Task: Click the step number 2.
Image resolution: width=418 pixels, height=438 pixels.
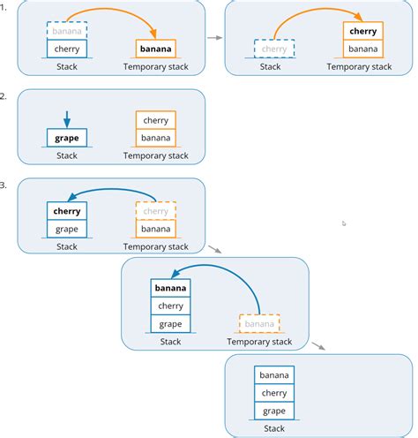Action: click(x=4, y=96)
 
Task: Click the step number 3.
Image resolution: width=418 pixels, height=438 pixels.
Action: click(x=4, y=185)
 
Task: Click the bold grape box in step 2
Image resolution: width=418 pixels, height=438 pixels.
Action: click(x=67, y=138)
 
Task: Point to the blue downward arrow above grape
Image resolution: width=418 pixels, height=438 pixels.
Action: click(x=67, y=118)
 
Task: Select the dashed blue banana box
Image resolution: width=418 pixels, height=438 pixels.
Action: click(x=67, y=30)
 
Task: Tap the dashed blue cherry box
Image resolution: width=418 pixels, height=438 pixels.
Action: click(x=274, y=49)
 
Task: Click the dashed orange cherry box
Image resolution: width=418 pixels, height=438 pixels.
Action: click(x=155, y=211)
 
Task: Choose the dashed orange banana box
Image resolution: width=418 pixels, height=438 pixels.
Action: click(x=259, y=323)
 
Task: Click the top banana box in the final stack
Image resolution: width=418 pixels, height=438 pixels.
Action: click(x=274, y=375)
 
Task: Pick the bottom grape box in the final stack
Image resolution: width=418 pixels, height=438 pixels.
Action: click(x=274, y=411)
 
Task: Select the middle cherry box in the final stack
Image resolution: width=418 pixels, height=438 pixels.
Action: click(x=274, y=393)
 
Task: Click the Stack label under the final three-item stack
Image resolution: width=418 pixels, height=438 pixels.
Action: click(x=274, y=428)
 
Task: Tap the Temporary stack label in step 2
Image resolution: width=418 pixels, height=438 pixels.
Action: click(x=155, y=156)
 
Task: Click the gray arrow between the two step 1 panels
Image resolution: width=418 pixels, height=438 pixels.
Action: click(x=213, y=38)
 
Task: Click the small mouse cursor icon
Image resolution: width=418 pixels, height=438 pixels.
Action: click(x=344, y=223)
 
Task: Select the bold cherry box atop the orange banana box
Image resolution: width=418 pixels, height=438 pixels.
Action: click(x=363, y=31)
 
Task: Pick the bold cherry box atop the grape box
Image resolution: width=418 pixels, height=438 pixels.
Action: click(x=67, y=211)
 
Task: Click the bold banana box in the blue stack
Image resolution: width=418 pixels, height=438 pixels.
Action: click(x=170, y=288)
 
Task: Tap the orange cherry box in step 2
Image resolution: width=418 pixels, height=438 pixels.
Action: click(x=155, y=120)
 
